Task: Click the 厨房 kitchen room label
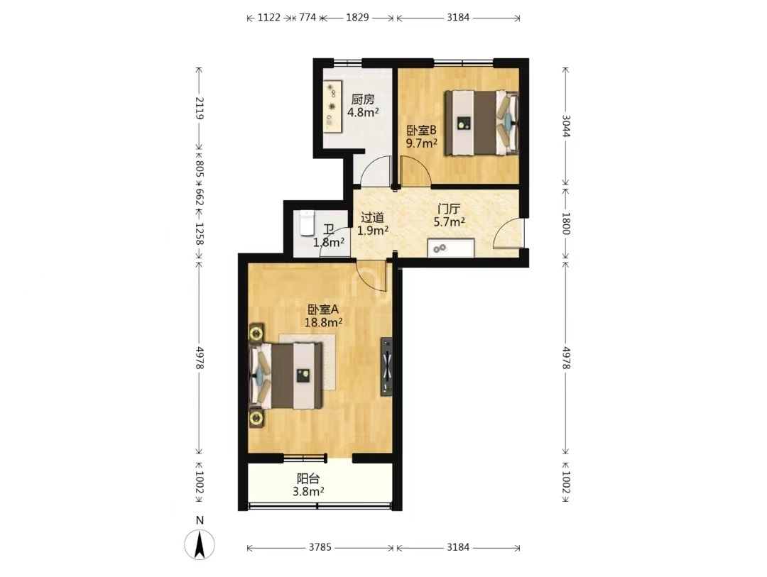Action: coord(363,100)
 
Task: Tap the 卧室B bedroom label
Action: coord(422,131)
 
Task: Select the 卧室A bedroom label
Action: coord(323,309)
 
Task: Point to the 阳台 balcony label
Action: coord(308,479)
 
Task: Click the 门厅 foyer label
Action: coord(449,209)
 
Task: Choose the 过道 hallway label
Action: coord(373,218)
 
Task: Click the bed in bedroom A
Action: coord(286,375)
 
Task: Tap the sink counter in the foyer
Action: coord(451,248)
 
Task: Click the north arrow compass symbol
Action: coord(200,544)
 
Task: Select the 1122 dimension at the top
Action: coord(269,18)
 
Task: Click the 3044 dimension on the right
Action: coord(565,126)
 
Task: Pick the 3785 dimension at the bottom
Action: coord(320,547)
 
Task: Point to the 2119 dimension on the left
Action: coord(200,108)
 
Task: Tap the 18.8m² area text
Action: coord(323,322)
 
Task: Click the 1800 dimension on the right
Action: coord(565,224)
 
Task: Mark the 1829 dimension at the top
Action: coord(357,18)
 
